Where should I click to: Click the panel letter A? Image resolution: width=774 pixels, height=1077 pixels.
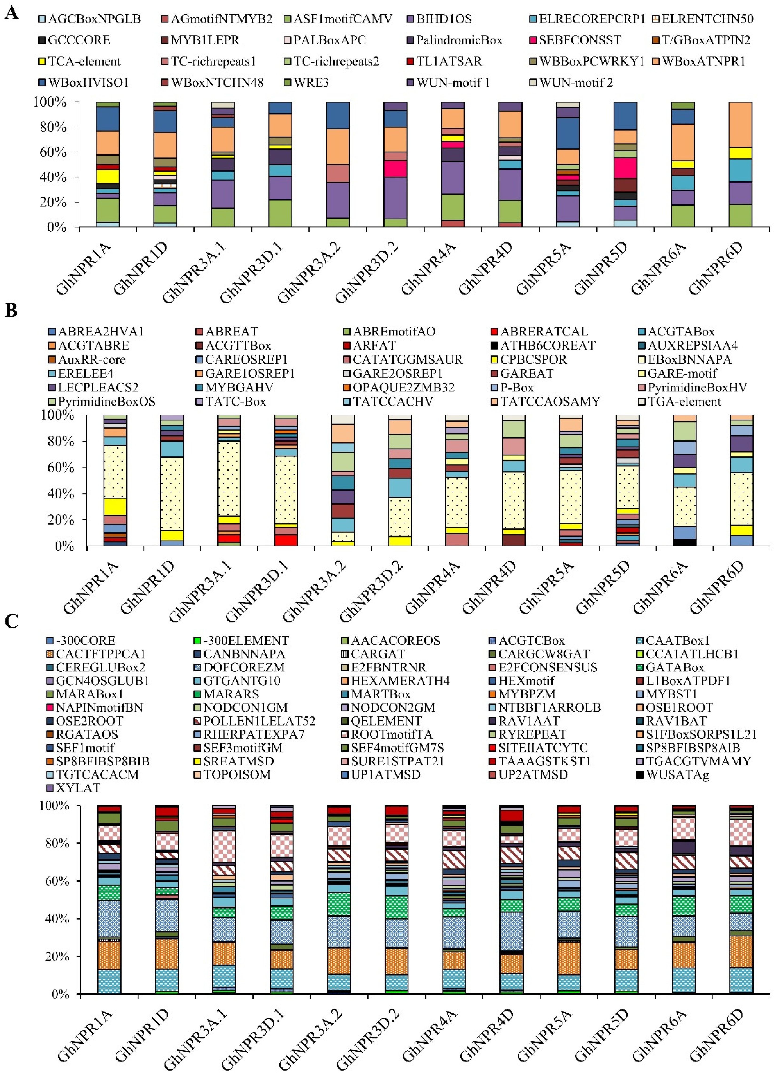11,13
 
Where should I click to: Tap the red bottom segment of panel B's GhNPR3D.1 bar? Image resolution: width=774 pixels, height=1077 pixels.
286,540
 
